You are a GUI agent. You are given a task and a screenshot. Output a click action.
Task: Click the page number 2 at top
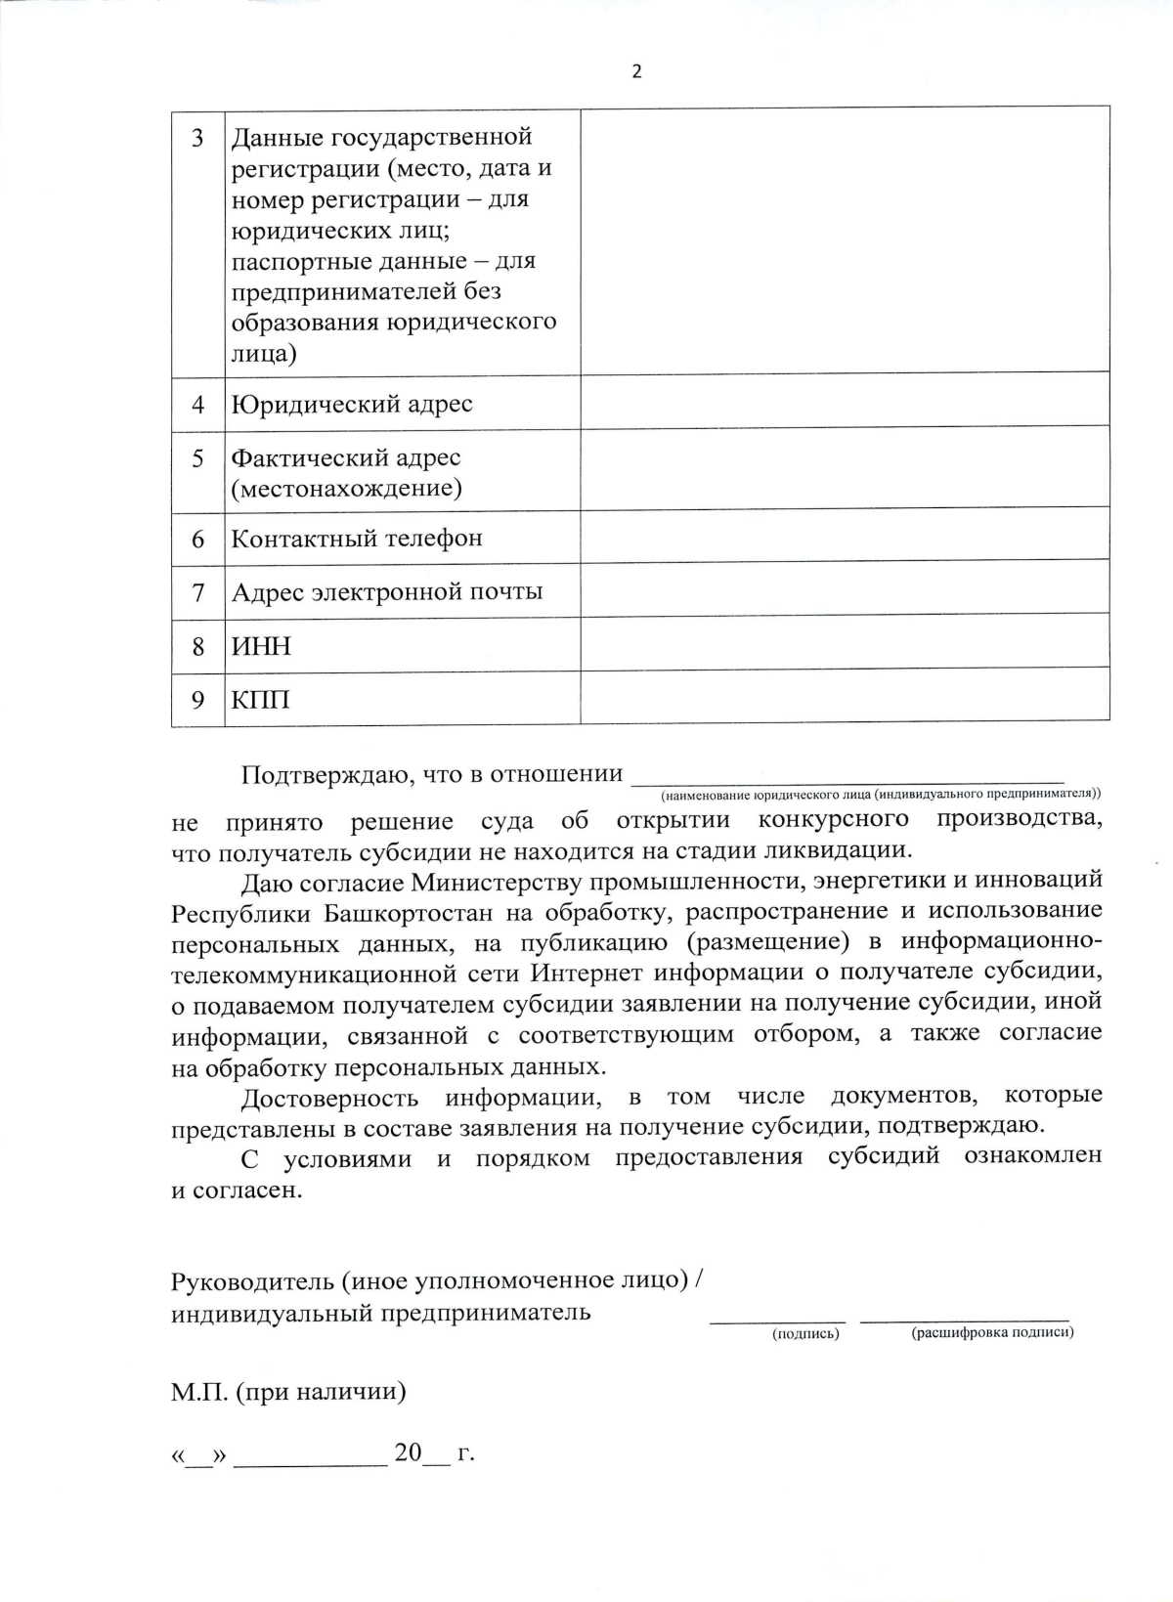tap(637, 71)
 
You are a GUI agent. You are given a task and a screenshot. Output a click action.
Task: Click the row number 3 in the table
tap(198, 138)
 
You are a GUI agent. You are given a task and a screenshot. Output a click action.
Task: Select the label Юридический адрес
tap(351, 404)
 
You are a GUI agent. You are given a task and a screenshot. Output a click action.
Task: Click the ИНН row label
tap(261, 646)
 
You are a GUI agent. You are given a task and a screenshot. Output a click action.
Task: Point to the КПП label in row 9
tap(260, 700)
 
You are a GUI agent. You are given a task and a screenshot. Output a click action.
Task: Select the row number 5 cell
tap(198, 458)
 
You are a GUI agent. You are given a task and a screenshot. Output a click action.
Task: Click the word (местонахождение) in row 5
tap(346, 488)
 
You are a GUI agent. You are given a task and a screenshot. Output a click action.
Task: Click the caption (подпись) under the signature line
tap(805, 1333)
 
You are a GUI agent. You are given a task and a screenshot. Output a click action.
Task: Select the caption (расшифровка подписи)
tap(992, 1333)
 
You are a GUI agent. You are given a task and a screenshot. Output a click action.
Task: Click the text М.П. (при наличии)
tap(288, 1391)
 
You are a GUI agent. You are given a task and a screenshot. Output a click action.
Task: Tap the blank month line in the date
tap(310, 1455)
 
